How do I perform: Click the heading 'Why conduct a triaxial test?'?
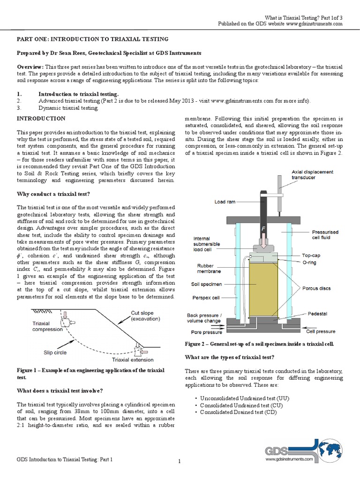pyautogui.click(x=53, y=194)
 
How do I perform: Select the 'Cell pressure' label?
pyautogui.click(x=321, y=331)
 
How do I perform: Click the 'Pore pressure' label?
pyautogui.click(x=204, y=331)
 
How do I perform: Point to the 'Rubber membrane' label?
pyautogui.click(x=205, y=268)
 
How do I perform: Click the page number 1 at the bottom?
pyautogui.click(x=180, y=462)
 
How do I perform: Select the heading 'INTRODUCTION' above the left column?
pyautogui.click(x=41, y=119)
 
